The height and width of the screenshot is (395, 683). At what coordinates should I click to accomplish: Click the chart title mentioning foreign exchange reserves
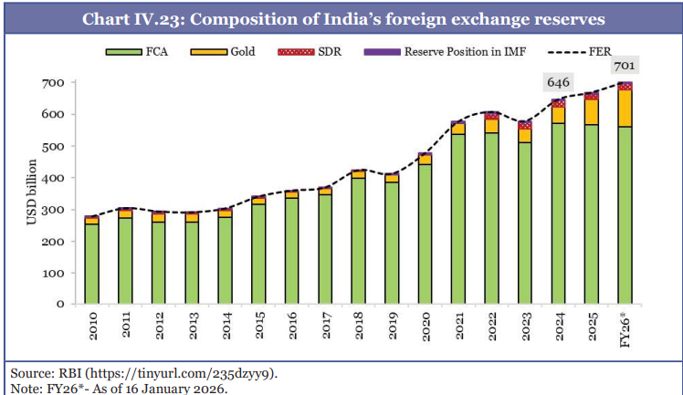tap(341, 19)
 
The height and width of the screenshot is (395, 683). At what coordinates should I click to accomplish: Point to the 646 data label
tap(558, 82)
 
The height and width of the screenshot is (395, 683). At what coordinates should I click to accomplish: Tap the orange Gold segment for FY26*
tap(625, 108)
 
